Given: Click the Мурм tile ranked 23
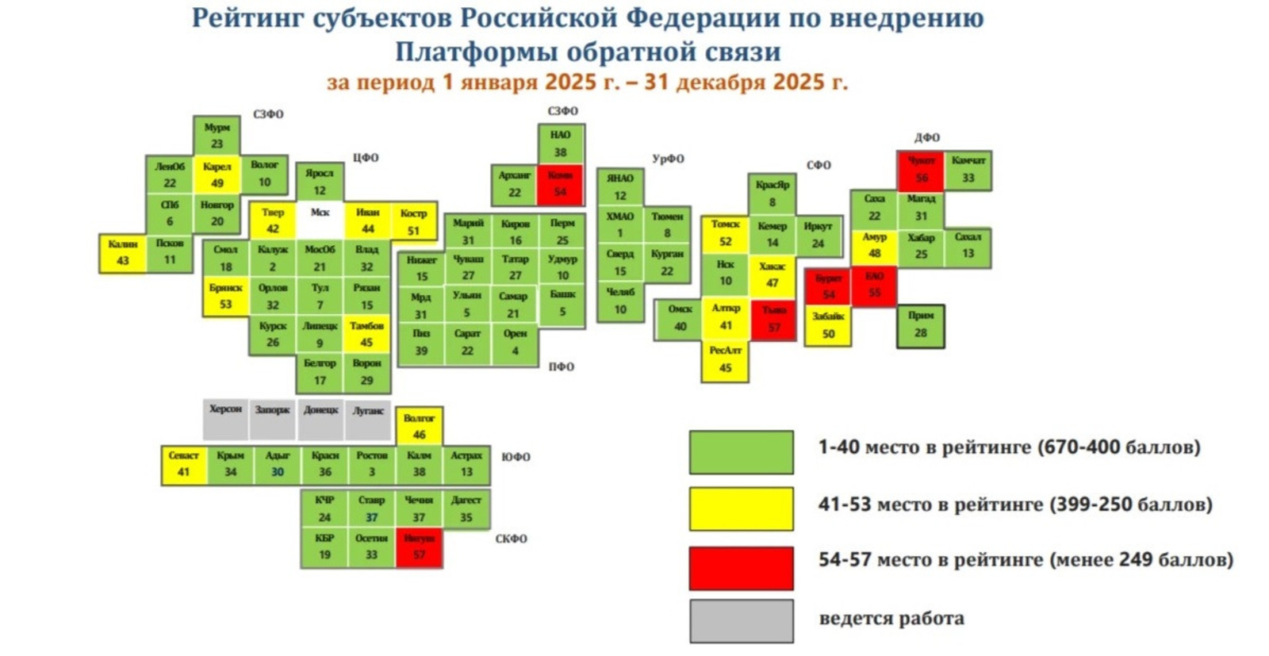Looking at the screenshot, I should click(x=217, y=136).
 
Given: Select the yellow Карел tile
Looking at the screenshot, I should click(x=217, y=175).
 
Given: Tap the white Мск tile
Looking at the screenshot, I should click(x=320, y=221).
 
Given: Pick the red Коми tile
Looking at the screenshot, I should click(x=561, y=183).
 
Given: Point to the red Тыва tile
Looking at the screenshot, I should click(x=773, y=319).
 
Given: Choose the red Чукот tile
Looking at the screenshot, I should click(x=921, y=169).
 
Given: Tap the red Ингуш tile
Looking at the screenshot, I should click(x=419, y=547).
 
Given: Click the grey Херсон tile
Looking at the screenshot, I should click(x=225, y=418).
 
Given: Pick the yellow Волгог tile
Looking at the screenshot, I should click(x=419, y=426).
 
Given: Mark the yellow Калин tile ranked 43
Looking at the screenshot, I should click(x=123, y=252).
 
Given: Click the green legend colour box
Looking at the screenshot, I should click(x=741, y=452).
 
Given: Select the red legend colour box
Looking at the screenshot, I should click(x=741, y=568).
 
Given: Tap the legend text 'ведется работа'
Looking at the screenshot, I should click(x=891, y=619).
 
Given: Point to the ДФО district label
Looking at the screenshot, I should click(x=926, y=137).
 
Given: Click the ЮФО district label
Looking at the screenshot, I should click(x=516, y=457).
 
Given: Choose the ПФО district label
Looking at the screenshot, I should click(x=561, y=366).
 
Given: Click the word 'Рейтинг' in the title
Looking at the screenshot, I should click(x=247, y=17).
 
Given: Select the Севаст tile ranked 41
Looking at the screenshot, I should click(x=184, y=464).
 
